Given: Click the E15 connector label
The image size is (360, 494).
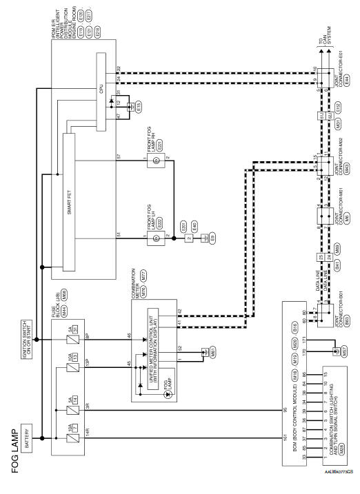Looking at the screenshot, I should pos(139,108).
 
